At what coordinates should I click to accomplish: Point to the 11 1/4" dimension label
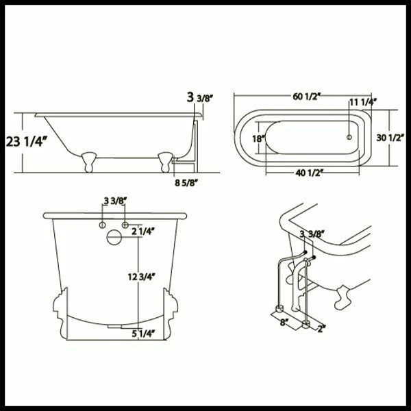(362, 103)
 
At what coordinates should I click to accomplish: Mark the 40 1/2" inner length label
(310, 172)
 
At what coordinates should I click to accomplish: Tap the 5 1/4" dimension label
(142, 334)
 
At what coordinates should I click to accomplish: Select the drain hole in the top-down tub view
(349, 137)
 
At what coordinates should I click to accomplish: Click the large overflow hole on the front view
(114, 239)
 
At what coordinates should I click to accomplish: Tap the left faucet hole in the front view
(102, 225)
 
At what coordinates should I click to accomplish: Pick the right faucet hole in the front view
(125, 225)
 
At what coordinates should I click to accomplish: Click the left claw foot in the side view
(88, 162)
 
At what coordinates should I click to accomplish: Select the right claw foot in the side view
(165, 162)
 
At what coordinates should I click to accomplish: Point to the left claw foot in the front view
(60, 308)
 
